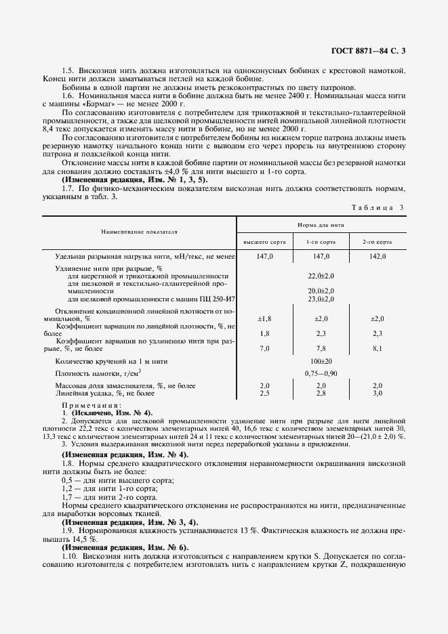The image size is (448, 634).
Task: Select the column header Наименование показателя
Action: click(x=139, y=232)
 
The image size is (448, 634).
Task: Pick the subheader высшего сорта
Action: click(x=264, y=242)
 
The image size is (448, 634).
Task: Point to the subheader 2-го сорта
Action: click(x=378, y=242)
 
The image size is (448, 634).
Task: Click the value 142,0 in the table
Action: click(x=378, y=257)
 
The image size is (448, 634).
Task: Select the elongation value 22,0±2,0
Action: click(x=321, y=276)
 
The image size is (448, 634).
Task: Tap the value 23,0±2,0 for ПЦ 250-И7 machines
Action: click(x=321, y=299)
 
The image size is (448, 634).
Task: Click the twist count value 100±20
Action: click(x=321, y=362)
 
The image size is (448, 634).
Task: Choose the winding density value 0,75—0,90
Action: click(x=321, y=373)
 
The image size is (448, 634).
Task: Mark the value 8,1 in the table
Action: click(x=378, y=348)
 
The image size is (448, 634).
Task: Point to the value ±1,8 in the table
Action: click(x=264, y=318)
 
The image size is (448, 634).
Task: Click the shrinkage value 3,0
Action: click(x=378, y=393)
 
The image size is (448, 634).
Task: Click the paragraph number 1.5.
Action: click(x=67, y=70)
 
